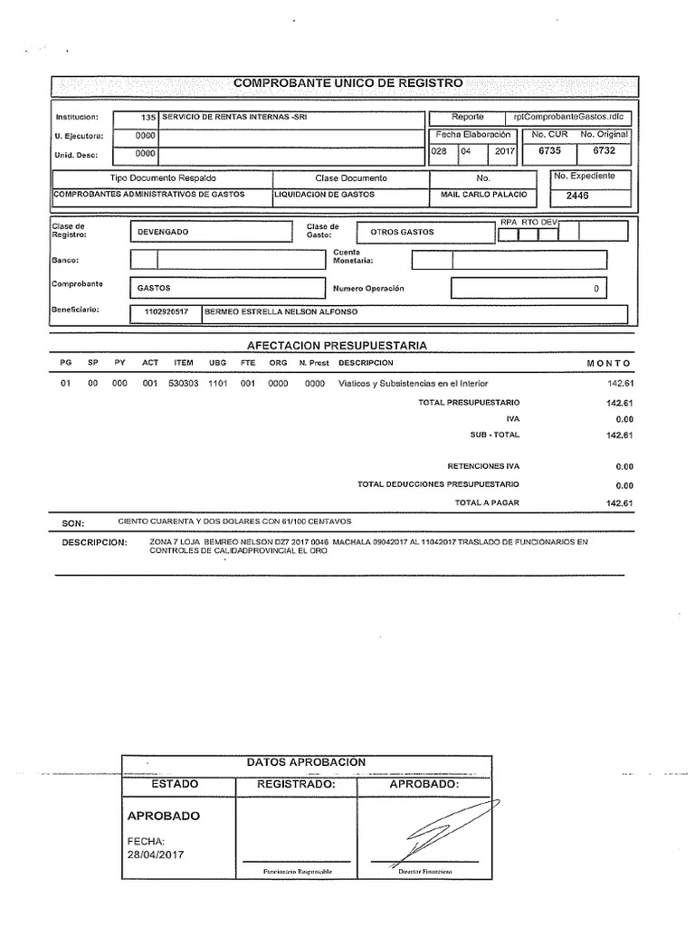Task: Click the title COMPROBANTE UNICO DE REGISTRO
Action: click(347, 83)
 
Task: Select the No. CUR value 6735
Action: click(549, 151)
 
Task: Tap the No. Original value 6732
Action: click(604, 151)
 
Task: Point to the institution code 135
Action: click(149, 118)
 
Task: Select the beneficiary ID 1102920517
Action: click(166, 312)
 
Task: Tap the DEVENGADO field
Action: click(163, 233)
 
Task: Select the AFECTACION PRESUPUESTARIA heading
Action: click(337, 346)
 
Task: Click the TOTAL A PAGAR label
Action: click(487, 502)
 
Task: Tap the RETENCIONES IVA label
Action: click(484, 467)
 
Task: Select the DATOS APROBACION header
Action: click(306, 762)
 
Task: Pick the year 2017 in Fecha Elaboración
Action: click(504, 151)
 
